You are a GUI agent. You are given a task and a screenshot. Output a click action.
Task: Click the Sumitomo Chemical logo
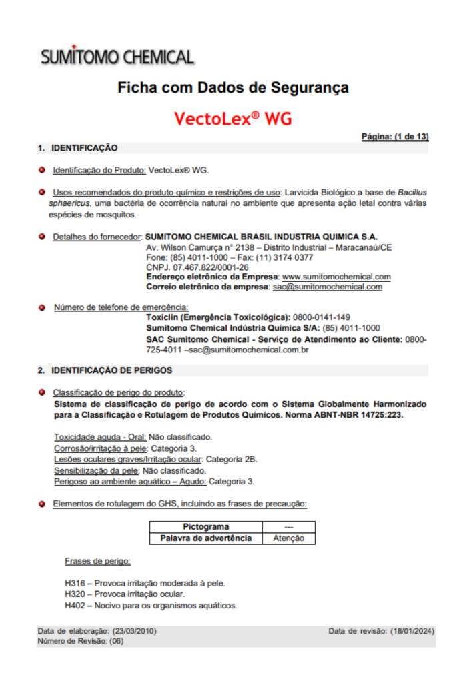(117, 57)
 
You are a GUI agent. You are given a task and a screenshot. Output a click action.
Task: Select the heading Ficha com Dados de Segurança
(233, 87)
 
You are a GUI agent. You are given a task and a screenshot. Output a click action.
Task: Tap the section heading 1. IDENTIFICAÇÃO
(77, 148)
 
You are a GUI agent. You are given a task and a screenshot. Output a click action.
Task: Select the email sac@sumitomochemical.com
(327, 287)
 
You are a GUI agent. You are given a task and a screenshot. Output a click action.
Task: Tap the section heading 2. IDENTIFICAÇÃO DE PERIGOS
(105, 370)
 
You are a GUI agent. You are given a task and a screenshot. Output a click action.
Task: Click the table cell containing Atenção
(289, 538)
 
